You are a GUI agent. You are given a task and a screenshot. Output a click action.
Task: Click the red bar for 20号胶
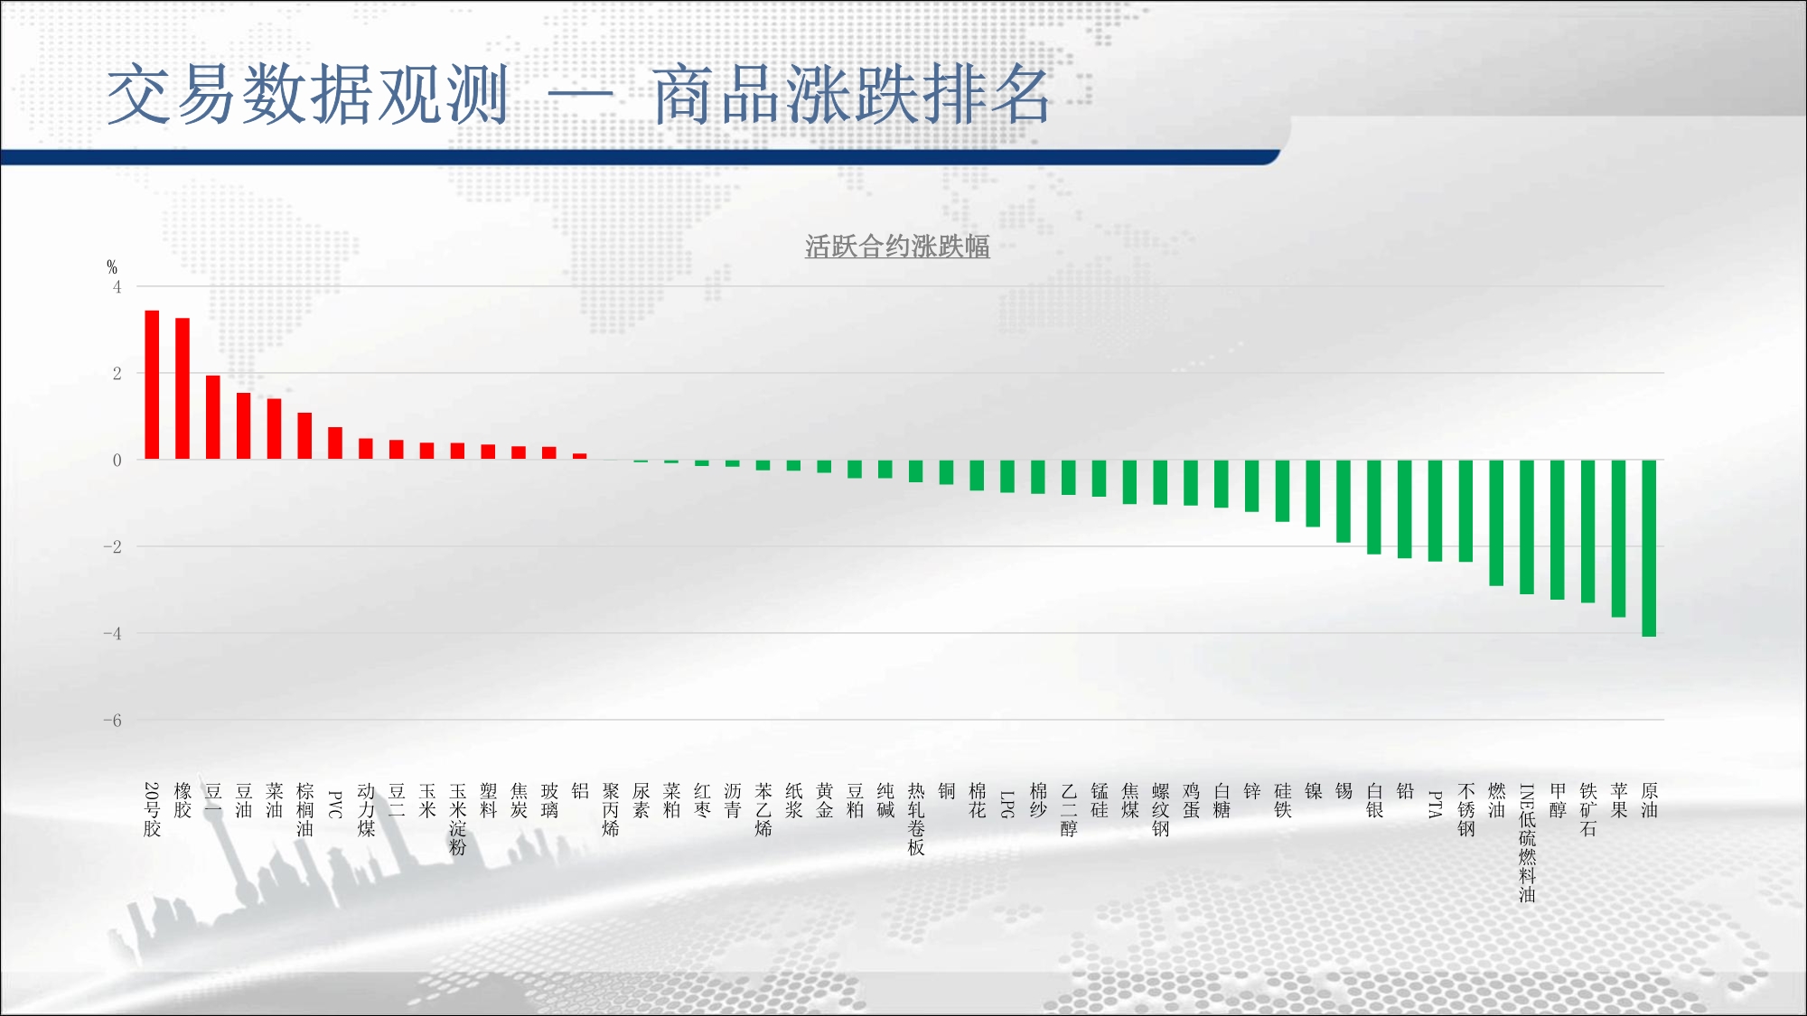point(152,385)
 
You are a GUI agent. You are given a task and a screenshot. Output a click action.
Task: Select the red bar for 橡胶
point(183,388)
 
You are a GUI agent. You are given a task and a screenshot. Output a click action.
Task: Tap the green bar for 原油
point(1649,548)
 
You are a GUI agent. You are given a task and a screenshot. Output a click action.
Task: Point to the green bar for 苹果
point(1618,538)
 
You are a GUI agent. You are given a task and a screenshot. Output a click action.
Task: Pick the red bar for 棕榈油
point(304,436)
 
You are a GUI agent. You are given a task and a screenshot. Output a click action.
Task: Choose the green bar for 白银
point(1374,507)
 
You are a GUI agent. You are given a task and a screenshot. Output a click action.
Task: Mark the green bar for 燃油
point(1496,523)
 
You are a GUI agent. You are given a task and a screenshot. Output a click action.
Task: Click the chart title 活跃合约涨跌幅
point(897,247)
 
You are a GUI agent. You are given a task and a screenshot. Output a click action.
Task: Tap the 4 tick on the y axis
point(117,287)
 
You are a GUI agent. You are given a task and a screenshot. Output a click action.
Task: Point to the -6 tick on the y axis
point(113,721)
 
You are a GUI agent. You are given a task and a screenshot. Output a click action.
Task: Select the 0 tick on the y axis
point(117,461)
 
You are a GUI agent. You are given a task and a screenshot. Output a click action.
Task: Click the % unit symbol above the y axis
point(112,267)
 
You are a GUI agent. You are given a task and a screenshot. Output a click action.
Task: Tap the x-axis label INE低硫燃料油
point(1527,843)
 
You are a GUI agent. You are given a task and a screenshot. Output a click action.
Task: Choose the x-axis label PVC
point(335,805)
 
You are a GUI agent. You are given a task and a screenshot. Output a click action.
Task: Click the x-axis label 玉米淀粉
point(458,819)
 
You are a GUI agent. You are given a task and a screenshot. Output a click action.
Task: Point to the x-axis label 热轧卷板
point(916,819)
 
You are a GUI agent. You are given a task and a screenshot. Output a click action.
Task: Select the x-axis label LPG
point(1007,805)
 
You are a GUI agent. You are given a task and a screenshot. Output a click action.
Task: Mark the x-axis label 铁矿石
point(1588,809)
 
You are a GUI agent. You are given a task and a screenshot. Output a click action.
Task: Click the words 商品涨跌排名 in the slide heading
point(851,95)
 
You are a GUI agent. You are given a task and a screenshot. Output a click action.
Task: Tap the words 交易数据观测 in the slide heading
point(308,95)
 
